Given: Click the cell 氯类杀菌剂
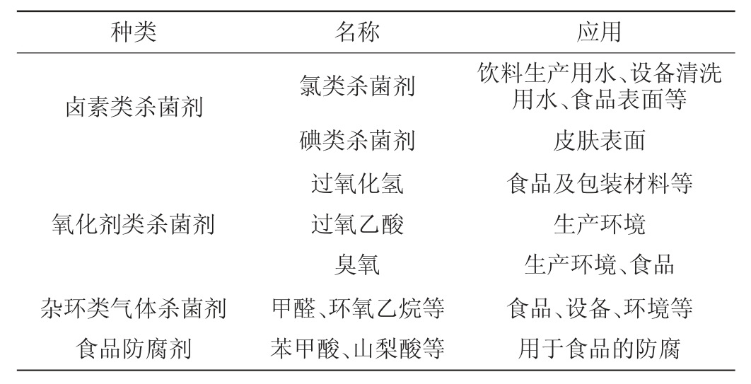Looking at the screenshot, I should pos(357,88).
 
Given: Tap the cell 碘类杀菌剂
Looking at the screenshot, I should pos(357,141).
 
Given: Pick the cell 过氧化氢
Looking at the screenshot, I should pos(357,183).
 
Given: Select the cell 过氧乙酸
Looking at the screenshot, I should pos(357,224).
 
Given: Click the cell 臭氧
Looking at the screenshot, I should pos(357,266).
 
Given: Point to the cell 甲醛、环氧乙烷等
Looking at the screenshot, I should pos(357,308).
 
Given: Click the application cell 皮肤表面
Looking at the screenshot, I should pos(599,141).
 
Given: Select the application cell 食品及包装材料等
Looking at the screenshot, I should pos(599,183).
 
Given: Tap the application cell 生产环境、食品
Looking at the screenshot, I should pos(599,266).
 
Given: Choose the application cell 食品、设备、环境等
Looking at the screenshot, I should pos(599,308).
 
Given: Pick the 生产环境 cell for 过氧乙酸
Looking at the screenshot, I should pos(599,224).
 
